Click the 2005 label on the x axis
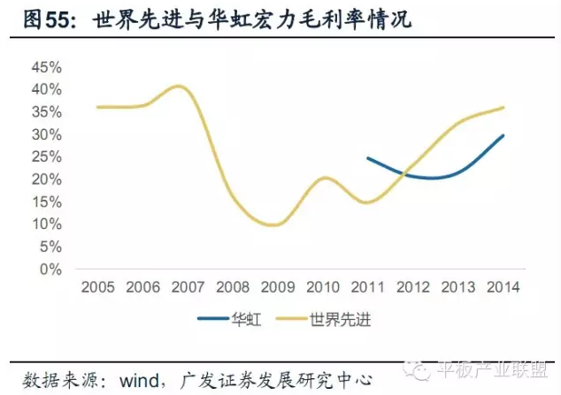pyautogui.click(x=97, y=286)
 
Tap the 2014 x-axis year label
pyautogui.click(x=503, y=286)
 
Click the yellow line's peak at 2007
pyautogui.click(x=180, y=86)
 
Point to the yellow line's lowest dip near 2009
pyautogui.click(x=275, y=224)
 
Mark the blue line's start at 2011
pyautogui.click(x=368, y=158)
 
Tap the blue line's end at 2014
pyautogui.click(x=503, y=135)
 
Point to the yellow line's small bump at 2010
pyautogui.click(x=325, y=178)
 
